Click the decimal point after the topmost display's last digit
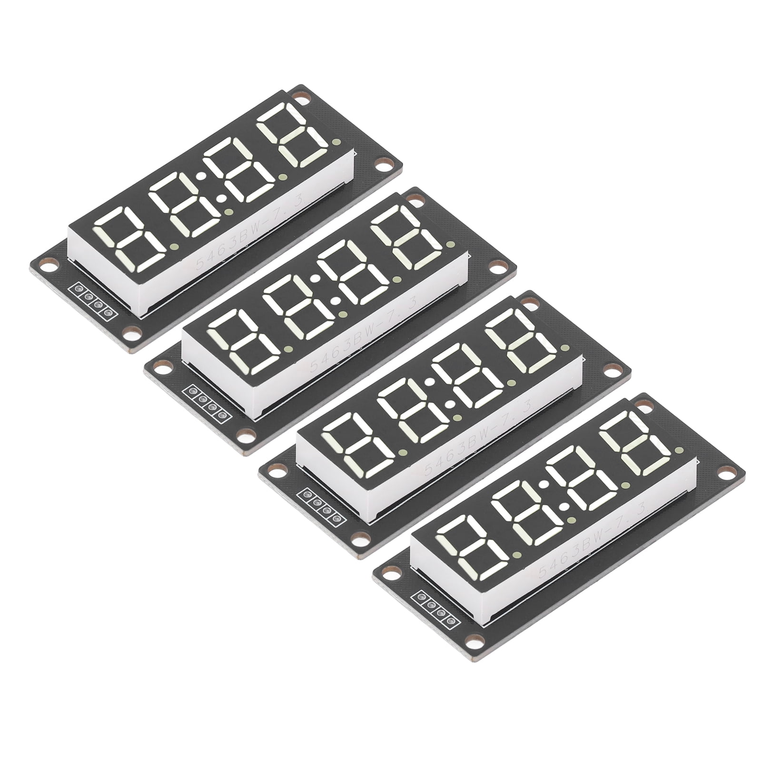pyautogui.click(x=336, y=142)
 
